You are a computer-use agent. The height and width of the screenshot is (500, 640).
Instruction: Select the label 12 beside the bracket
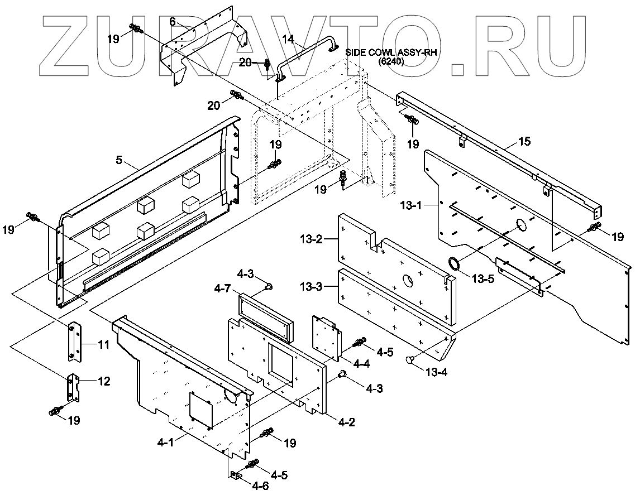(x=104, y=382)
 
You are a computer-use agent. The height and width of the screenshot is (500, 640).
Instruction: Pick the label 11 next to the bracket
(x=104, y=345)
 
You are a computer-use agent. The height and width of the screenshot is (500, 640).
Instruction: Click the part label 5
(x=118, y=160)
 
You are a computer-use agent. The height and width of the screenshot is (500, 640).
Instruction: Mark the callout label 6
(x=173, y=21)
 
